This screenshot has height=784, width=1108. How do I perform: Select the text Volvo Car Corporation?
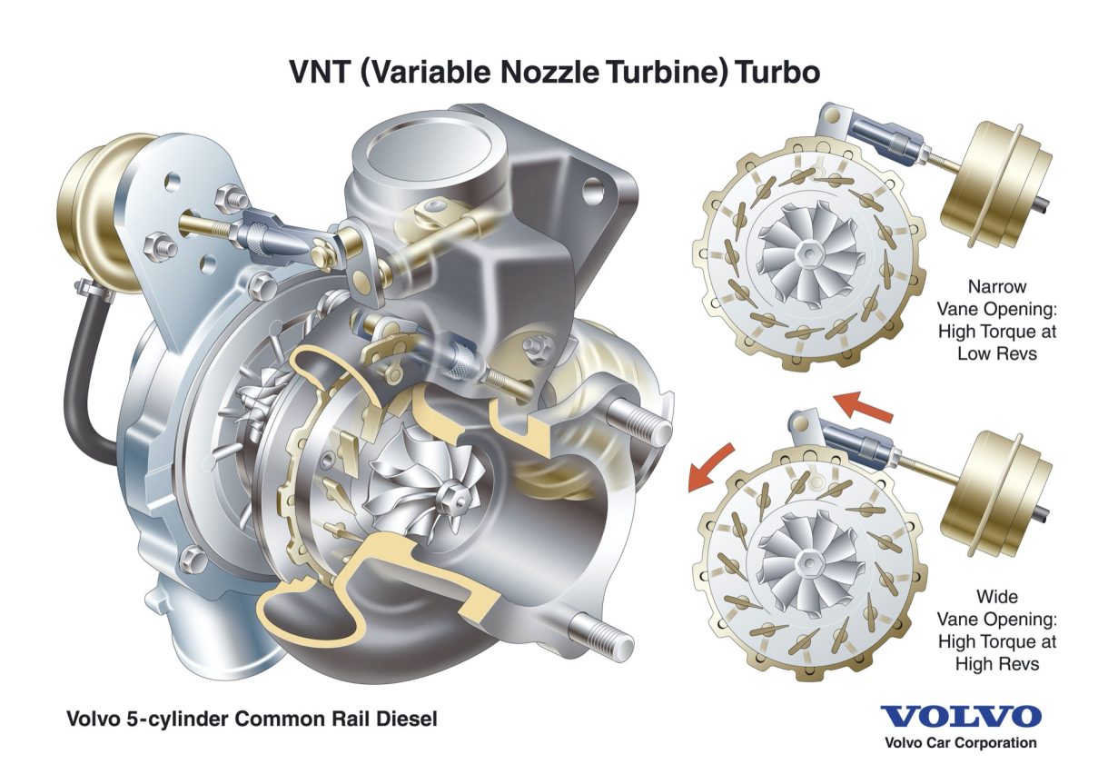(x=961, y=743)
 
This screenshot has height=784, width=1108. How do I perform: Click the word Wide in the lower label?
(x=996, y=597)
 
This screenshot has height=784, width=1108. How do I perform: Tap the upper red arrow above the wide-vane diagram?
(x=864, y=405)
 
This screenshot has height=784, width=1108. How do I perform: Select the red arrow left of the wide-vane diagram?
(x=703, y=467)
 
